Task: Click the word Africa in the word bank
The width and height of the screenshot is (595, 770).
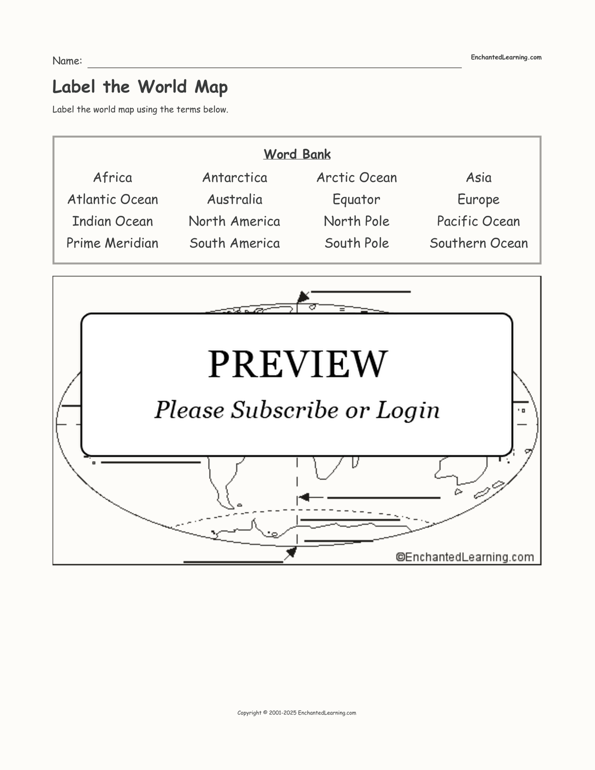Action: [113, 177]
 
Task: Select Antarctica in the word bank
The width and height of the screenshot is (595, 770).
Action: [235, 177]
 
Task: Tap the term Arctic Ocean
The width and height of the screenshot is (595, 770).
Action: [356, 177]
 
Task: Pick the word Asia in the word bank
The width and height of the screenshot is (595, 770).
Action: [478, 177]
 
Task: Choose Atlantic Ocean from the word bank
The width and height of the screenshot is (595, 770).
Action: [113, 199]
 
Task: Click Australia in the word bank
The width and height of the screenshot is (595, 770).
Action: [235, 199]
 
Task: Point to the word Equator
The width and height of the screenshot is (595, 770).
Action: [356, 200]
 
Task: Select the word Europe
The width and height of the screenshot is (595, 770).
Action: [478, 200]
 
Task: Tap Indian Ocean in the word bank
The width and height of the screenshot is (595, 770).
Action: [113, 222]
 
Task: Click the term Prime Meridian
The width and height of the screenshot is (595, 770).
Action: [113, 243]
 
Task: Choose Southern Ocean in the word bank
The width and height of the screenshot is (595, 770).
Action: [478, 243]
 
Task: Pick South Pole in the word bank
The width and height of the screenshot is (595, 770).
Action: [356, 243]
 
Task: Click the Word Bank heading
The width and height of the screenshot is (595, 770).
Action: [297, 154]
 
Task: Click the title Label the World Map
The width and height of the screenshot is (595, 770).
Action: [140, 87]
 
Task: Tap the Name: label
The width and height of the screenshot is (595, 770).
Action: [68, 61]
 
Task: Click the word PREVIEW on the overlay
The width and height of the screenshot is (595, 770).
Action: [297, 364]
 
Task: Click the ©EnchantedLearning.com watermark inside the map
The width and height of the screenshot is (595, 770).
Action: [465, 557]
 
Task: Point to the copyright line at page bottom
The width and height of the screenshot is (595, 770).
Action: [297, 713]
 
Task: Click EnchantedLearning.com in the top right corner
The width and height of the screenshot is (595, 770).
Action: [506, 57]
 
